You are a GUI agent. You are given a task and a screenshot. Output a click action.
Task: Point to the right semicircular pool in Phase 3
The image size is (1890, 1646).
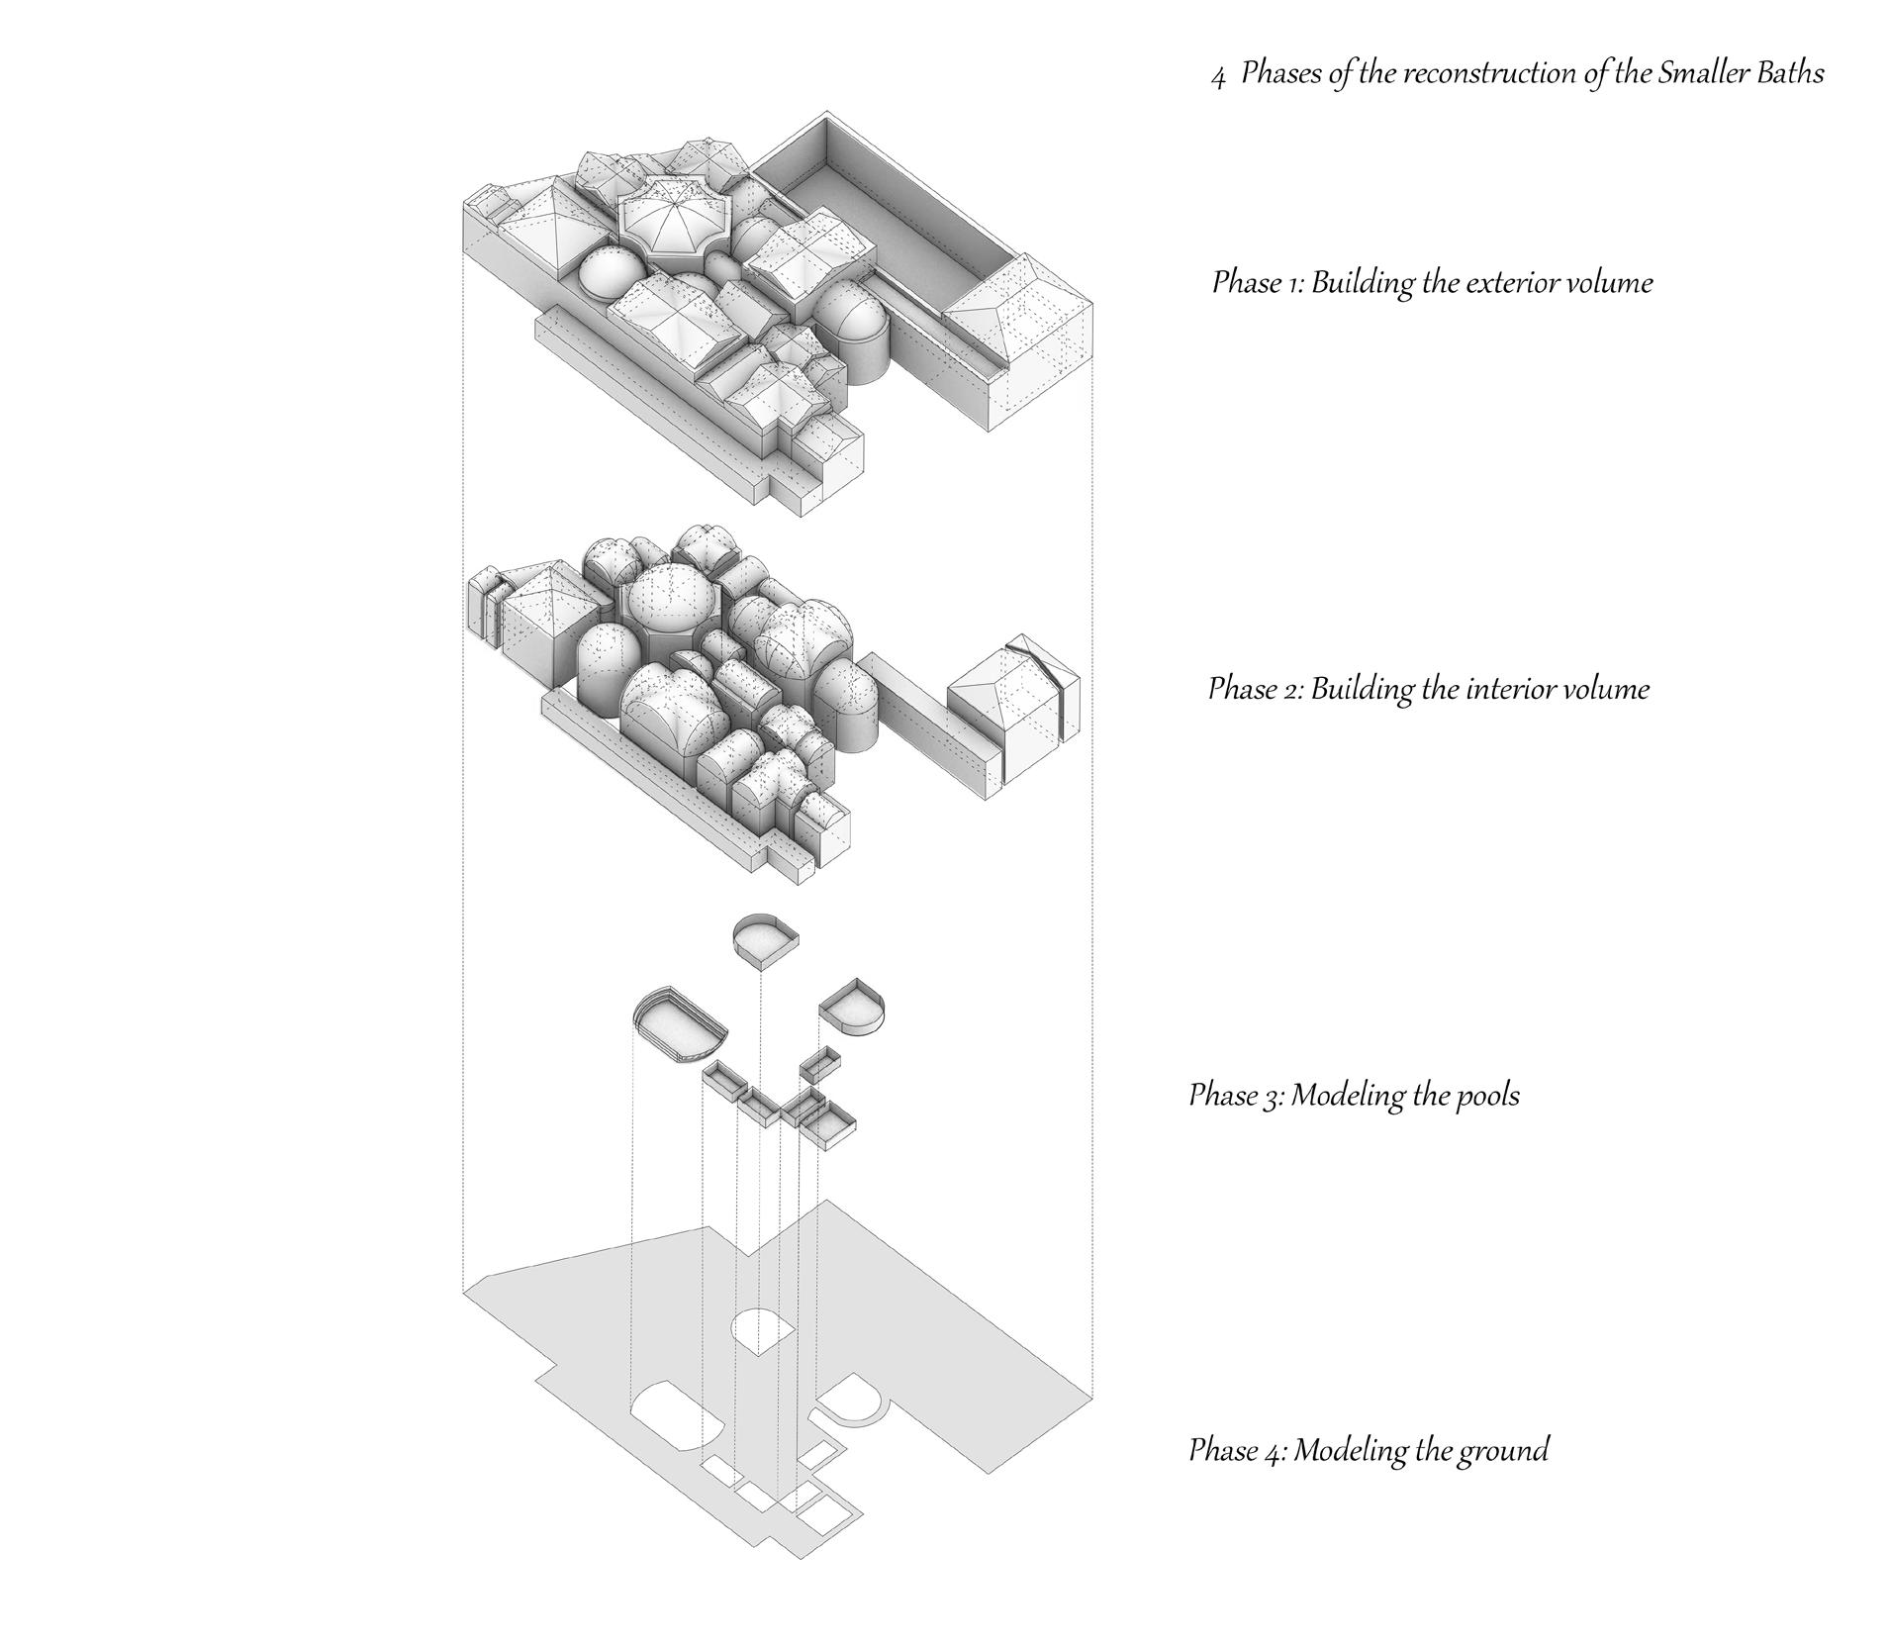[x=853, y=1009]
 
